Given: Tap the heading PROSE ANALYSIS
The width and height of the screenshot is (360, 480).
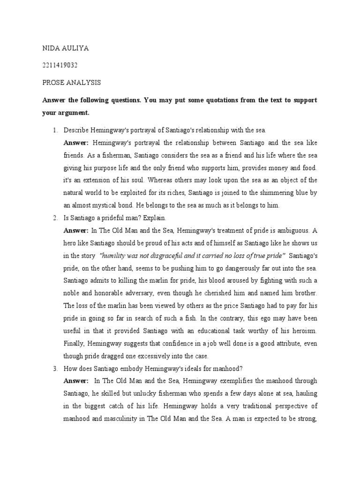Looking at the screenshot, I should (x=71, y=82).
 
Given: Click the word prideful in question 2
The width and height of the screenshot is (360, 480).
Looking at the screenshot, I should (x=116, y=218).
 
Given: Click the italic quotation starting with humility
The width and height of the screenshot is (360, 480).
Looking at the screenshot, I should (x=192, y=255).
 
